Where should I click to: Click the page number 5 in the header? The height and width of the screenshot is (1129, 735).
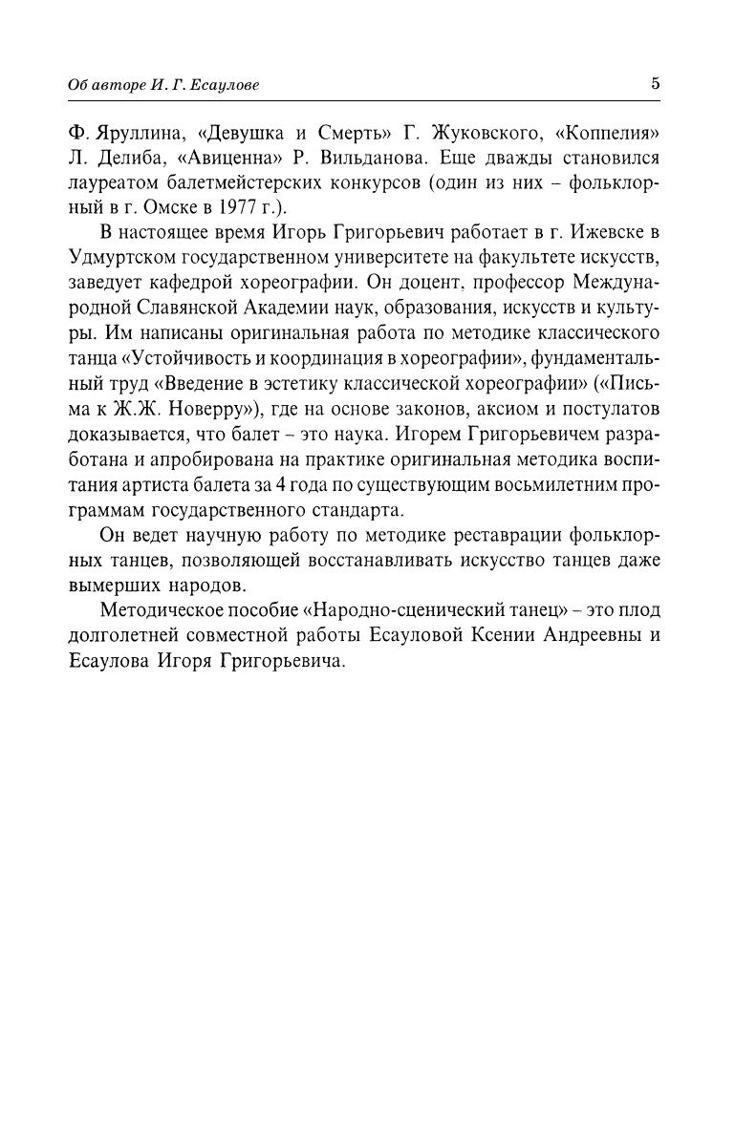pyautogui.click(x=655, y=83)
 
